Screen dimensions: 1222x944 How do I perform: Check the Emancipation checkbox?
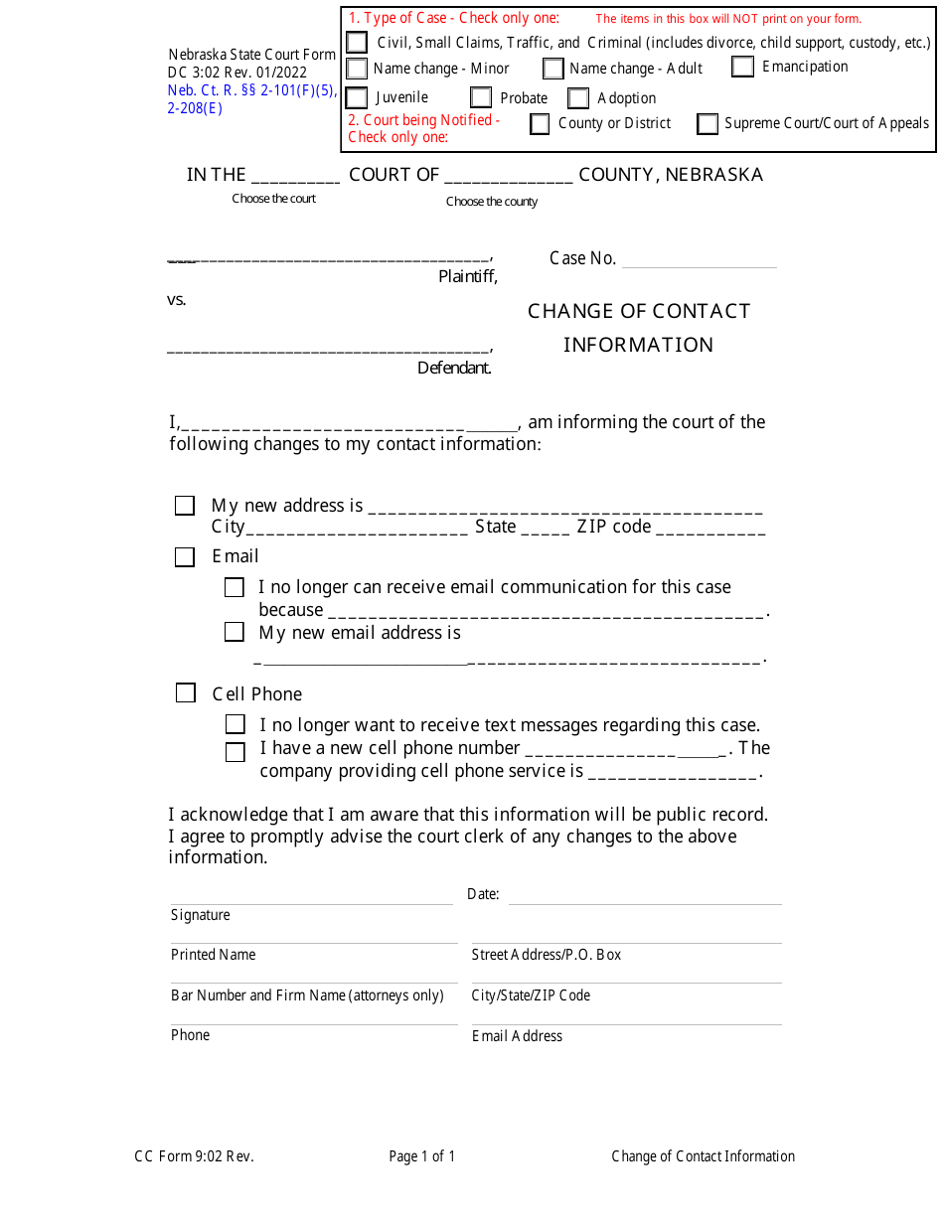click(x=742, y=67)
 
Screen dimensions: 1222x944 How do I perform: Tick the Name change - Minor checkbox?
click(x=357, y=69)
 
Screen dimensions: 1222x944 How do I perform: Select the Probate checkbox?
click(x=481, y=97)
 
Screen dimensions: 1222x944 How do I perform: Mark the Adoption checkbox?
click(x=578, y=98)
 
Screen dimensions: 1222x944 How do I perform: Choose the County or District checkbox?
click(x=540, y=124)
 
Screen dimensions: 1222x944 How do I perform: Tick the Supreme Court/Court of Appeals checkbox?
click(x=708, y=124)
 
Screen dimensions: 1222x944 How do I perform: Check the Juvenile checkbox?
click(x=357, y=97)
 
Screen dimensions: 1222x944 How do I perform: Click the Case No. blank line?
click(x=699, y=260)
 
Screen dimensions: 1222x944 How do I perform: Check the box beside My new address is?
click(x=185, y=506)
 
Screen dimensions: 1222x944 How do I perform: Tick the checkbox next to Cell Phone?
click(x=186, y=692)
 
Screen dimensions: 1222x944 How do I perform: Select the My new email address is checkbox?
click(x=235, y=632)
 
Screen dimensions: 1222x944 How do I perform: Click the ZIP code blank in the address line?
click(x=709, y=529)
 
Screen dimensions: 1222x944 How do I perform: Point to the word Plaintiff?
click(x=467, y=277)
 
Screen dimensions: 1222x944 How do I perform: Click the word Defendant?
click(x=454, y=369)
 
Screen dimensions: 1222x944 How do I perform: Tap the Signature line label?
click(x=200, y=915)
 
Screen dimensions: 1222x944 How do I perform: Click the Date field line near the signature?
click(x=645, y=896)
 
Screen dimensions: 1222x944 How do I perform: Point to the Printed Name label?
click(x=213, y=955)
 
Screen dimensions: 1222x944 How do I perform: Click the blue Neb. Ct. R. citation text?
click(x=252, y=90)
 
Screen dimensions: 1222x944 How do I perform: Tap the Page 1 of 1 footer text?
click(x=422, y=1156)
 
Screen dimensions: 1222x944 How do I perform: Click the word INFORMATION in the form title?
click(x=638, y=345)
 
